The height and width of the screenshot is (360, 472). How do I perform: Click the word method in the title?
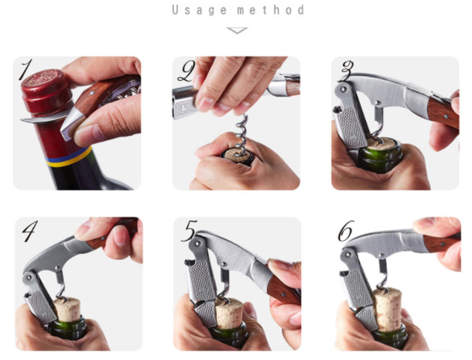[271, 10]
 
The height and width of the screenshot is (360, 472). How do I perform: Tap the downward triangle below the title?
[238, 30]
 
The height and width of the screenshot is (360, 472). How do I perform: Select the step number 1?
[26, 70]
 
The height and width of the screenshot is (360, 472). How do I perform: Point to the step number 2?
[186, 71]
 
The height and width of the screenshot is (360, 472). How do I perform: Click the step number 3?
[347, 70]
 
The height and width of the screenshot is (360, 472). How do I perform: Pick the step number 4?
[30, 231]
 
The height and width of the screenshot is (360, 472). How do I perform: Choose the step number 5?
[189, 231]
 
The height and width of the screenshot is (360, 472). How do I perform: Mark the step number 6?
[346, 231]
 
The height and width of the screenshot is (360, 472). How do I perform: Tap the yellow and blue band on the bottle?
[69, 157]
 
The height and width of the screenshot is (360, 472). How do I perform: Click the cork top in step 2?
[239, 155]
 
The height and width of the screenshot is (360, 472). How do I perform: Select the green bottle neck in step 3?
[381, 158]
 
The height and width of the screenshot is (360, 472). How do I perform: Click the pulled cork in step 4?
[67, 310]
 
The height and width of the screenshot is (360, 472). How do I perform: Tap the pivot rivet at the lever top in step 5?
[198, 242]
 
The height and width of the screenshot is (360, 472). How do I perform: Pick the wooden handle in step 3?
[443, 111]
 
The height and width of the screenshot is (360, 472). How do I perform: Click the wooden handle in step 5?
[283, 290]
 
